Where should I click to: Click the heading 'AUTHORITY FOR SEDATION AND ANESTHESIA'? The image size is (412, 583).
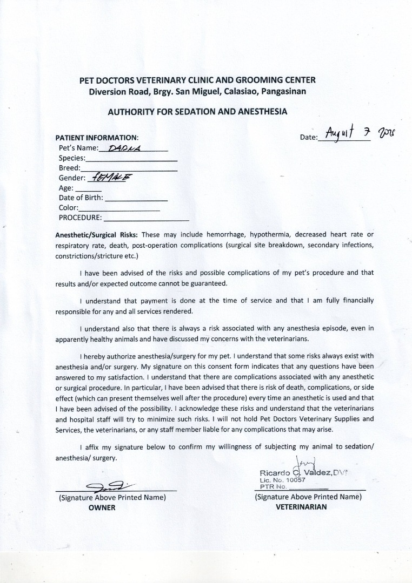click(197, 112)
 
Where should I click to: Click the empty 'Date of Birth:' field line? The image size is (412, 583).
click(136, 200)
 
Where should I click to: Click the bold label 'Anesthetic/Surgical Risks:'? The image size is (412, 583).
click(97, 235)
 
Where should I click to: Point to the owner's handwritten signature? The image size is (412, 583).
click(108, 486)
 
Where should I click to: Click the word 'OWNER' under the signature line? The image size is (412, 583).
click(102, 507)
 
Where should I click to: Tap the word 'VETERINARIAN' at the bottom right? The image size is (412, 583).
click(301, 507)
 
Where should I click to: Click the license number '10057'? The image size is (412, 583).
click(296, 480)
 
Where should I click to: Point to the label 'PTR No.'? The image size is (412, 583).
click(272, 486)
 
